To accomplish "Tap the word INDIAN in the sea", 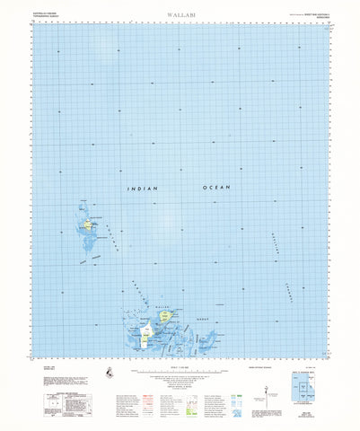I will click(x=142, y=190).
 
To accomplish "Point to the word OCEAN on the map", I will click(x=216, y=187).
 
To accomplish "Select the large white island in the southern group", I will click(x=145, y=337).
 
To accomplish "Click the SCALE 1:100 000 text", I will click(x=179, y=364).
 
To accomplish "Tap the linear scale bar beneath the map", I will click(x=179, y=369).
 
